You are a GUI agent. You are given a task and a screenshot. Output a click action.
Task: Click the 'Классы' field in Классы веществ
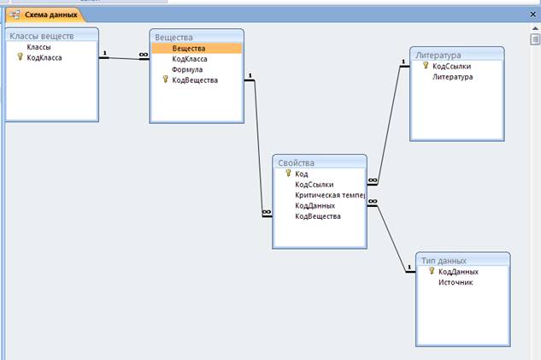tap(38, 47)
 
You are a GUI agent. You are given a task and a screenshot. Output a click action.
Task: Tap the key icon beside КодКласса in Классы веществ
tap(19, 57)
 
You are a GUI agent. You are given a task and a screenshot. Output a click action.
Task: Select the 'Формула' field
tap(187, 69)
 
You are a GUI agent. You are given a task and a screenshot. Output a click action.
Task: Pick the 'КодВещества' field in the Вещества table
tap(195, 80)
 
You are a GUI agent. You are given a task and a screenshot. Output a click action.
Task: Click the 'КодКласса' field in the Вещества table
tap(189, 59)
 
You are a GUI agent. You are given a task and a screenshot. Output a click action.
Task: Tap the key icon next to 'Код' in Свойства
tap(288, 174)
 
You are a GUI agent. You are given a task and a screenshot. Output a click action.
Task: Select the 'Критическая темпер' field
tap(329, 195)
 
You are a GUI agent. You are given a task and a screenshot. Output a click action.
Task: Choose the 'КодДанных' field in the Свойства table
tap(315, 205)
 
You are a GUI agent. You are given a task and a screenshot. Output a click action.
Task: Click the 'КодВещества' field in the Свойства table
tap(317, 216)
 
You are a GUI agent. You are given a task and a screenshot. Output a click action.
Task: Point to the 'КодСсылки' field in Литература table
tap(451, 66)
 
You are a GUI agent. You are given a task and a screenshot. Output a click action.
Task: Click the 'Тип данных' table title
tap(443, 260)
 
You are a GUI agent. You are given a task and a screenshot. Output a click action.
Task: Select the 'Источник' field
tap(456, 282)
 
